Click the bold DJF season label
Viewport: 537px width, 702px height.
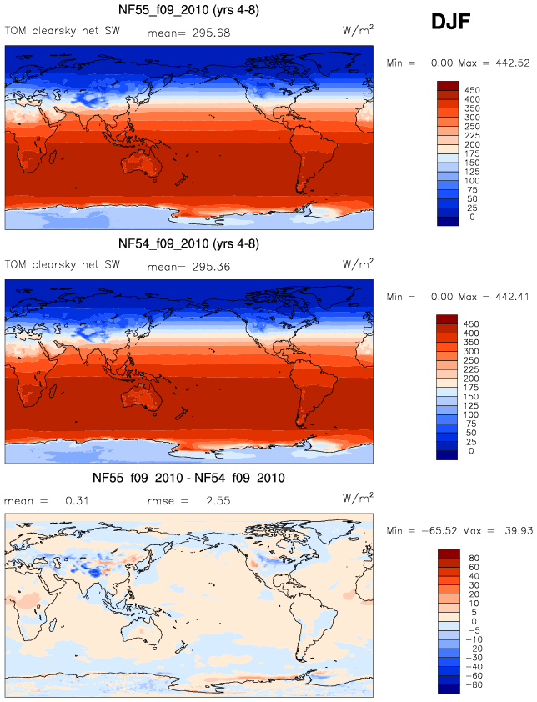coord(450,23)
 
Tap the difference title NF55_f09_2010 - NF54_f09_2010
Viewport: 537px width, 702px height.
coord(190,478)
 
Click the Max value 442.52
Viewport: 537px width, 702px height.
coord(509,63)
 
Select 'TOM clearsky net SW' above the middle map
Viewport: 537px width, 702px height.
coord(59,265)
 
